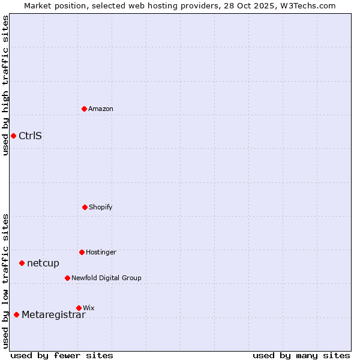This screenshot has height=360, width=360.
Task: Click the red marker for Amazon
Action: point(84,109)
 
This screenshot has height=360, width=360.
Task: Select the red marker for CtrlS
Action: point(13,136)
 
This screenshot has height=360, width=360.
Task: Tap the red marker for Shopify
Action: point(85,207)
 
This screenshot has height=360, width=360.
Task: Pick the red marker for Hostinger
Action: point(82,252)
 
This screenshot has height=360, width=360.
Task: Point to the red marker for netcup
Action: point(22,263)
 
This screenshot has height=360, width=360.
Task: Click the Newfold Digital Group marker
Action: point(67,278)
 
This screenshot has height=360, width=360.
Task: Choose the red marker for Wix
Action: point(79,308)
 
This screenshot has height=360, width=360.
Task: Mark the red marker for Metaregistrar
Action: point(16,315)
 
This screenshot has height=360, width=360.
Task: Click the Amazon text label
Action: point(101,109)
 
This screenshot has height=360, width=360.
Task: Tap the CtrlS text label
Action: point(30,136)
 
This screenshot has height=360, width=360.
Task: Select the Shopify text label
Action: point(101,208)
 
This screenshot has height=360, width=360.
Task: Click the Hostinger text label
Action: point(101,253)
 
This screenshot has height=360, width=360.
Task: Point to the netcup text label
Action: point(43,263)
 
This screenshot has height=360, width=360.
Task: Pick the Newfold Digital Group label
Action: point(106,278)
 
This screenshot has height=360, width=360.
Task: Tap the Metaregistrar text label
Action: point(53,315)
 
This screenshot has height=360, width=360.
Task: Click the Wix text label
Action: point(89,308)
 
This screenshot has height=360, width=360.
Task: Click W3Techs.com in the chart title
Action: point(307,6)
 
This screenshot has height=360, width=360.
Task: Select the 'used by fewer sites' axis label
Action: point(62,355)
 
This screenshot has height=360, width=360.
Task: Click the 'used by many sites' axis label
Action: point(301,355)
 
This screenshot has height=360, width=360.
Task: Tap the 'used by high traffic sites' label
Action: point(5,85)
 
